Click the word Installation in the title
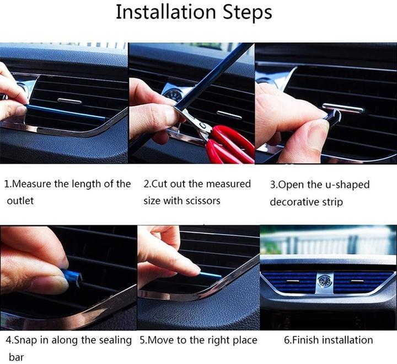(x=165, y=12)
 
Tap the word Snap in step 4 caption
(x=25, y=340)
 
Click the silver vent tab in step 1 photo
(x=69, y=101)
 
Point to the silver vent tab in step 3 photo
(x=343, y=108)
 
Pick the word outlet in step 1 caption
(x=20, y=201)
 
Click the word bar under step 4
(x=16, y=357)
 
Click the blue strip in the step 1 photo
(x=65, y=112)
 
